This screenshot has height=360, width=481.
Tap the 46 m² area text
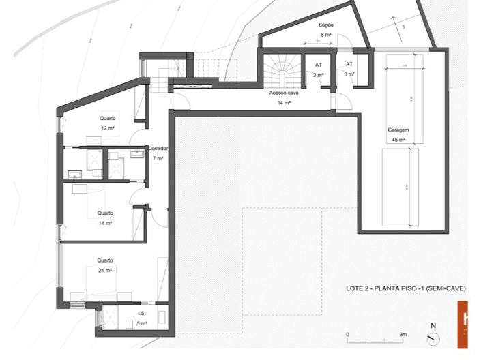coord(398,140)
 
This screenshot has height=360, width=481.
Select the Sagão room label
coord(325,25)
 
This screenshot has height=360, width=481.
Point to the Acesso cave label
coord(284,92)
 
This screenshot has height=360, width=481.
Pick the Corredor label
coord(158,148)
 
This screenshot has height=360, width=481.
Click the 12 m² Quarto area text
coord(107,128)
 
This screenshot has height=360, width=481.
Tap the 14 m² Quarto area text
coord(105,223)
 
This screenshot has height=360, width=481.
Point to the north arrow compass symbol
coord(432,336)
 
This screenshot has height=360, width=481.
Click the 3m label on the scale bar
coord(403,335)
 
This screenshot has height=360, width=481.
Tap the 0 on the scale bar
coord(347,335)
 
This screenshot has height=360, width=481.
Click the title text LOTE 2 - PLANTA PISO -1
coord(406,289)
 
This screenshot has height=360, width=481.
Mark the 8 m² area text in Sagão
coord(326,34)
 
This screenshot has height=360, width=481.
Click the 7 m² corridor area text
coord(158,158)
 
